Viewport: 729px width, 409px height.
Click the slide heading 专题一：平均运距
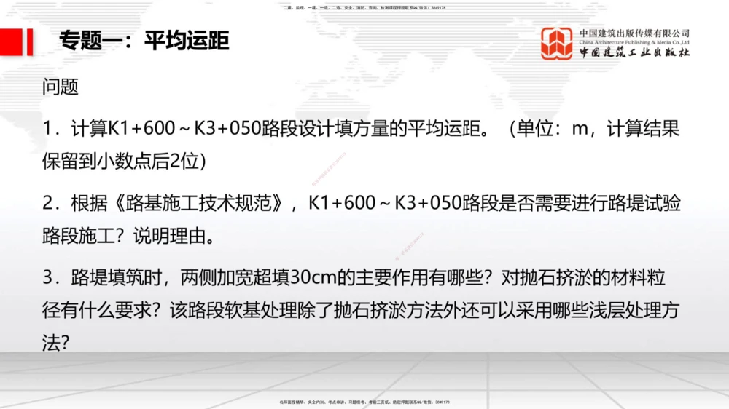coord(144,41)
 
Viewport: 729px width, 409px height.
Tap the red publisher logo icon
coord(557,43)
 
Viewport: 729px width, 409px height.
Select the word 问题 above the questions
coord(61,87)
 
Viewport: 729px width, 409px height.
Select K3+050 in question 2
coord(430,204)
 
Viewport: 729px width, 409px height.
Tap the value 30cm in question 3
coord(312,279)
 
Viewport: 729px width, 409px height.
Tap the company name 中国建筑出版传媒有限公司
coord(634,33)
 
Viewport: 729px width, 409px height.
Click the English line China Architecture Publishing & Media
coord(634,43)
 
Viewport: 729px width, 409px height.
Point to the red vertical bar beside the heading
coord(29,41)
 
